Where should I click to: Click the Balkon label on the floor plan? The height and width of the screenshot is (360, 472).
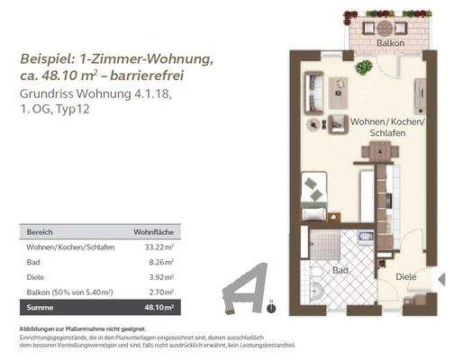pyautogui.click(x=390, y=42)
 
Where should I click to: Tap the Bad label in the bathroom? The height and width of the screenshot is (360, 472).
pyautogui.click(x=340, y=269)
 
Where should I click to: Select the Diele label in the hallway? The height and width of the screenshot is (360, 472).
pyautogui.click(x=407, y=278)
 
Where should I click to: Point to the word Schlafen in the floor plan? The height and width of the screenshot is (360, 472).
pyautogui.click(x=386, y=133)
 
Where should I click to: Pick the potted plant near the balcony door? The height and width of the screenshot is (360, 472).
pyautogui.click(x=364, y=67)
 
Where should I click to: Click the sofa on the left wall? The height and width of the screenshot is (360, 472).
pyautogui.click(x=311, y=90)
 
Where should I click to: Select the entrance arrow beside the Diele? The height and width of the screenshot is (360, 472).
pyautogui.click(x=440, y=281)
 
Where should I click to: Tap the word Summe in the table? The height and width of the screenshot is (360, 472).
pyautogui.click(x=41, y=309)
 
